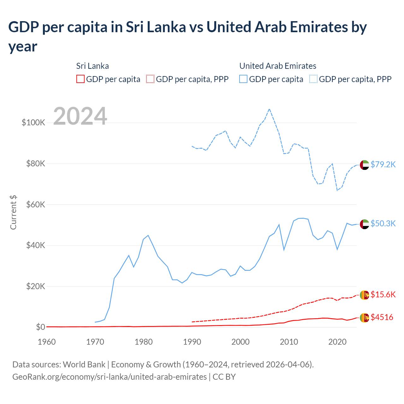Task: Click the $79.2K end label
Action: tap(383, 164)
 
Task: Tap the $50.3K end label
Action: tap(383, 223)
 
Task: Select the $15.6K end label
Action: tap(383, 294)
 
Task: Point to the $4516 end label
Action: tap(382, 317)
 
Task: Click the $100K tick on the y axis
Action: tap(33, 122)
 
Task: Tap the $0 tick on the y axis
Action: tap(40, 327)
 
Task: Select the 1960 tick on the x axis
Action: tap(47, 342)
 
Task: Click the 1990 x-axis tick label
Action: tap(192, 342)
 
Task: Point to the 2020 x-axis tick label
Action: tap(337, 342)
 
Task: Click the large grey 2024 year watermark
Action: tap(80, 116)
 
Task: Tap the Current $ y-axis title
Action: tap(13, 212)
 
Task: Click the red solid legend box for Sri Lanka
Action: tap(80, 79)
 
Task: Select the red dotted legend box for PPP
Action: tap(150, 79)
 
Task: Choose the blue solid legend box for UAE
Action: tap(243, 79)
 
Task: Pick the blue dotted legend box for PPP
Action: tap(313, 79)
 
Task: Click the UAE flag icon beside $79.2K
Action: tap(365, 165)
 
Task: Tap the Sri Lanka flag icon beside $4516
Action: tap(365, 318)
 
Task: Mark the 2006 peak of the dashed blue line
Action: tap(269, 109)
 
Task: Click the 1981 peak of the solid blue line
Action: tap(148, 235)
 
